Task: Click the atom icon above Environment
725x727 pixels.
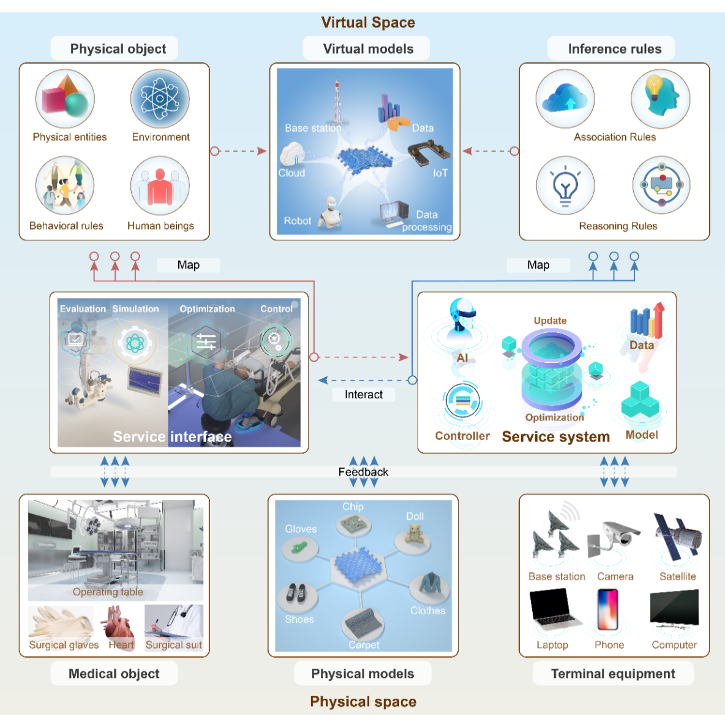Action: [160, 99]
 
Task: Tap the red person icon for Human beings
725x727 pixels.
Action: [160, 186]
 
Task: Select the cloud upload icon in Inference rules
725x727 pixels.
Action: [565, 99]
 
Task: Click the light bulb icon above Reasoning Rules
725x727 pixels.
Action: [565, 185]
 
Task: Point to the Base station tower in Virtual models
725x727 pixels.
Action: [337, 101]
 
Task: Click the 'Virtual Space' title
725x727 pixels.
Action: [368, 23]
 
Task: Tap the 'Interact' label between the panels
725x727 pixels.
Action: [364, 395]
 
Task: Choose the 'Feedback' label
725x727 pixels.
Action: [363, 472]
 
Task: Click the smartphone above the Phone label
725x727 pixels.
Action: [608, 610]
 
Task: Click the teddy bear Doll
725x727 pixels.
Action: [416, 535]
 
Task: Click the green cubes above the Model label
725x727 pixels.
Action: [640, 402]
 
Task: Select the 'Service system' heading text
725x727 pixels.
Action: [556, 437]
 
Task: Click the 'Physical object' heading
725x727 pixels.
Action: [118, 49]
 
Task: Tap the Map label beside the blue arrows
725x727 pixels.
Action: [538, 265]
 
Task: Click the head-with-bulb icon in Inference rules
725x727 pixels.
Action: [661, 97]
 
